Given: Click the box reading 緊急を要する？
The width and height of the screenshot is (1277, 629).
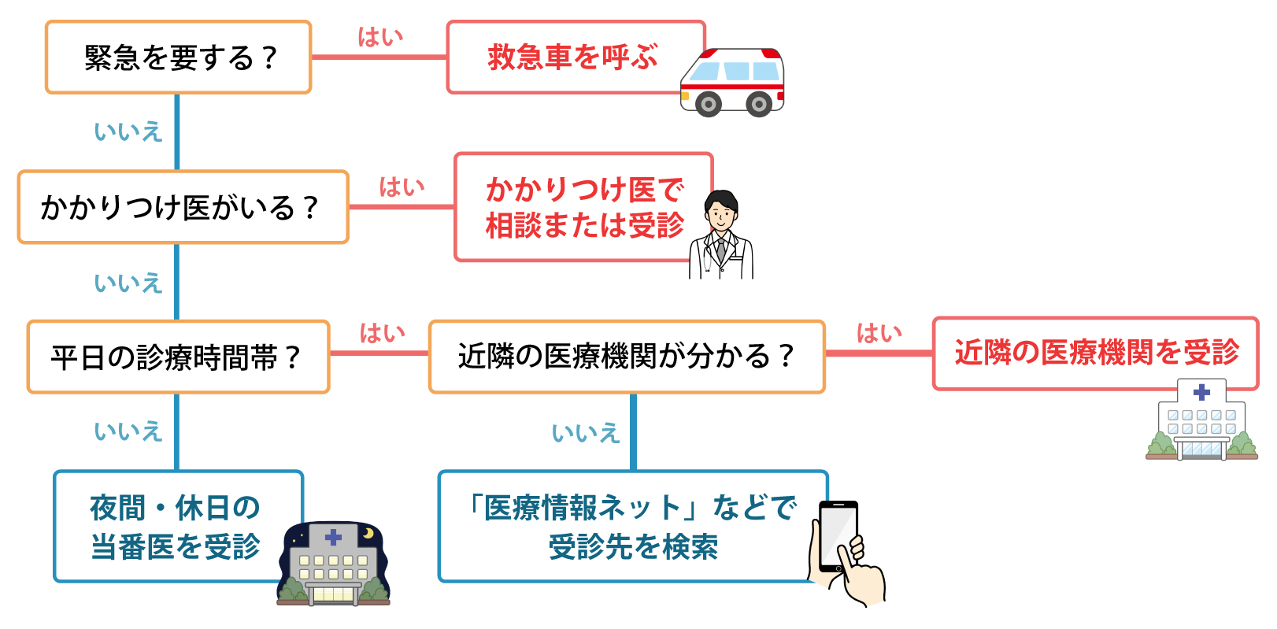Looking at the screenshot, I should click(x=179, y=57).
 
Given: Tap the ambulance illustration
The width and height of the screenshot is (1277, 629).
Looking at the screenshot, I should click(x=732, y=81).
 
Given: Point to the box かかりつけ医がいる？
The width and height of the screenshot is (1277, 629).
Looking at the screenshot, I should click(x=183, y=207).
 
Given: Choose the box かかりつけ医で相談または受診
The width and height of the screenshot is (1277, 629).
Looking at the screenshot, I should click(x=583, y=207).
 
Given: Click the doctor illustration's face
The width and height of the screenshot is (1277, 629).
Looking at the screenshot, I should click(x=720, y=211).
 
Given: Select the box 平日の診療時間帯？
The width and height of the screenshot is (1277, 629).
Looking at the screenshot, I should click(x=178, y=357).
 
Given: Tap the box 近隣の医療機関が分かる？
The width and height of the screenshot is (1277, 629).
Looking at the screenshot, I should click(x=627, y=357).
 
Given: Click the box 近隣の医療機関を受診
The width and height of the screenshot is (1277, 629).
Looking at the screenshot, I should click(x=1095, y=353).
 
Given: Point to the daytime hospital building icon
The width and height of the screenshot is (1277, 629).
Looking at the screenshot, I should click(x=1201, y=421).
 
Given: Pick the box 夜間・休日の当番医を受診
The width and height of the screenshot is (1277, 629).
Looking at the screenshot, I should click(x=178, y=527).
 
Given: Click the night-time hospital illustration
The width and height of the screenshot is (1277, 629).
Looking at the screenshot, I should click(x=333, y=564).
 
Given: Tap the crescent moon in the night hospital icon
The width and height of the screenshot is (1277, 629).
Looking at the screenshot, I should click(x=367, y=534).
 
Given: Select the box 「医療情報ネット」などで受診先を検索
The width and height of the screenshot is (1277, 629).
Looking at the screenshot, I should click(x=632, y=527).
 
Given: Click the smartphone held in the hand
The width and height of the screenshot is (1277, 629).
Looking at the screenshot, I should click(x=837, y=535).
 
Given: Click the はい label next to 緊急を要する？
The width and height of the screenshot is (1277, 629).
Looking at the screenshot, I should click(x=380, y=37).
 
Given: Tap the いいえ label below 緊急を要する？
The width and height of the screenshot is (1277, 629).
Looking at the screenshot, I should click(x=128, y=131).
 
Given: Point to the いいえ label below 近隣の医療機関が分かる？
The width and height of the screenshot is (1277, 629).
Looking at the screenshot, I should click(x=585, y=433).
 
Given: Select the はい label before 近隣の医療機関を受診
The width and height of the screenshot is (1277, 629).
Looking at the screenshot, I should click(x=879, y=334).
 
